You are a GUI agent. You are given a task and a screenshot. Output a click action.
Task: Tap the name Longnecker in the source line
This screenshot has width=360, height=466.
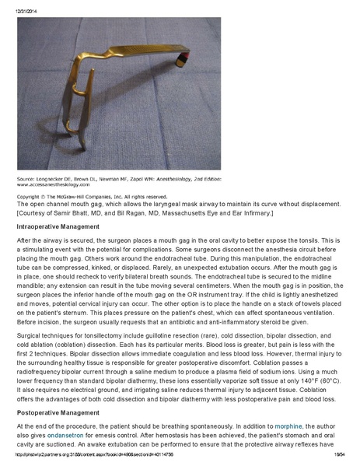click(x=51, y=177)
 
